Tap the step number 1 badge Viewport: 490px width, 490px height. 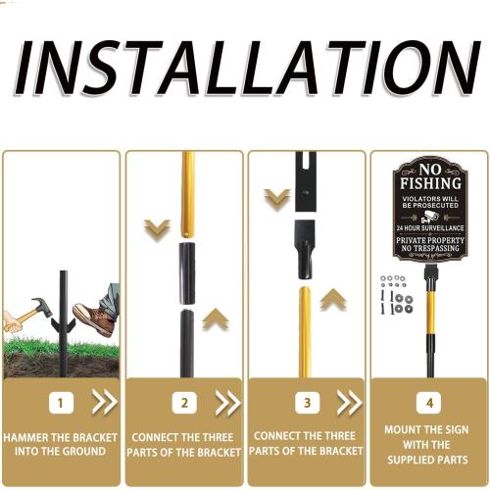click(x=61, y=402)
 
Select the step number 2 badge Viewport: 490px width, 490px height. click(x=185, y=402)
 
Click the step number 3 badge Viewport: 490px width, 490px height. click(x=308, y=402)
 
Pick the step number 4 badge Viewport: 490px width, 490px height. click(x=429, y=402)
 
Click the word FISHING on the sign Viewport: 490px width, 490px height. click(x=428, y=183)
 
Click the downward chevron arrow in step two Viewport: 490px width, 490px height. click(x=157, y=230)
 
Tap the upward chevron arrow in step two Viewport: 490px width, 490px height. click(x=217, y=318)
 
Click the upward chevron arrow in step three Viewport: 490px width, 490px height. click(x=334, y=299)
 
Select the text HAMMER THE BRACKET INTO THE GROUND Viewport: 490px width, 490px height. click(x=61, y=444)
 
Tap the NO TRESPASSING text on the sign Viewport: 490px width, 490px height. click(x=428, y=250)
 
